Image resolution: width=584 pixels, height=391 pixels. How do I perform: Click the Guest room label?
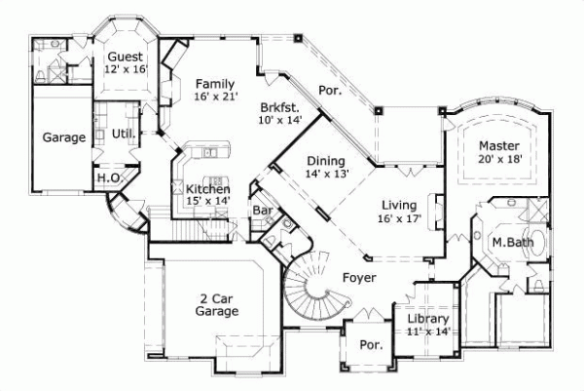pos(125,57)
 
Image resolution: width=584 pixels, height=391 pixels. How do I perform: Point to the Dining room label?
pos(324,161)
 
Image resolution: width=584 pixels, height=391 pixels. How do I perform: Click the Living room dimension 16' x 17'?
pos(399,220)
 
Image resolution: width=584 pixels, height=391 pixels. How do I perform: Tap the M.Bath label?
pos(510,242)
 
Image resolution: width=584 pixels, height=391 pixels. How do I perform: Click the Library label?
pos(428,319)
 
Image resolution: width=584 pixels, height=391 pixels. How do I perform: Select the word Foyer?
pos(359,278)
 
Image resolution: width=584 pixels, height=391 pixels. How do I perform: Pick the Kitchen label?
pos(208,189)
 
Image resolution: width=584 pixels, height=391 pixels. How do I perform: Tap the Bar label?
pos(262,210)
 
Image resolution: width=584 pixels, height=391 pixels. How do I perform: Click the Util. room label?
pos(123,133)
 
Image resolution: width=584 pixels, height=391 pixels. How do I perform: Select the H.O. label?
pos(107,178)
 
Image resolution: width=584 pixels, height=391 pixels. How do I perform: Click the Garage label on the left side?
pos(63,137)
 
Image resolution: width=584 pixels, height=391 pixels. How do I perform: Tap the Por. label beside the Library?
pos(369,345)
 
